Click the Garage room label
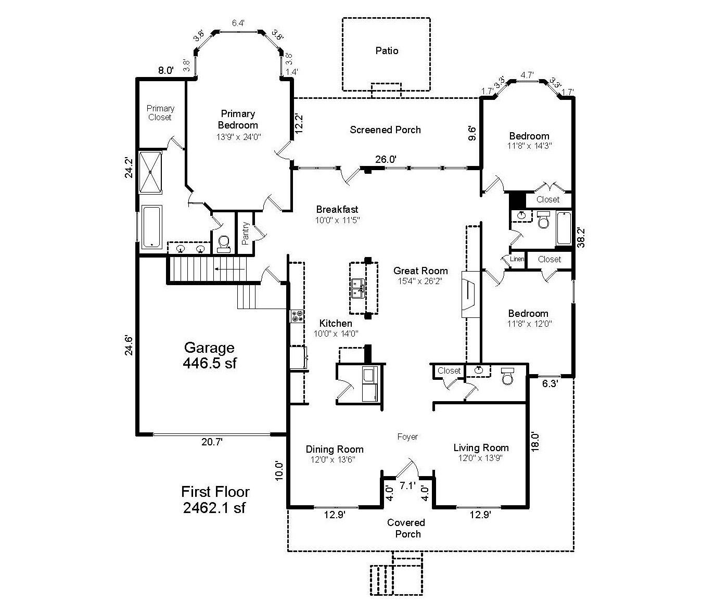click(x=209, y=348)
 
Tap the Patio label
click(x=387, y=50)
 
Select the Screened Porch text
click(x=385, y=130)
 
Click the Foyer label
click(x=407, y=437)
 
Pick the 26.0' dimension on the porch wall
click(x=386, y=160)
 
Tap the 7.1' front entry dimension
click(x=407, y=486)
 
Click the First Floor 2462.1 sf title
click(x=215, y=499)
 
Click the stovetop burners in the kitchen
click(x=297, y=316)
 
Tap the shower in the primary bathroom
click(x=150, y=172)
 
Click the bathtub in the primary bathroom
click(x=151, y=227)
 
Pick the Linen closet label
click(x=517, y=259)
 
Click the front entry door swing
click(x=405, y=468)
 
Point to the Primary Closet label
click(x=160, y=113)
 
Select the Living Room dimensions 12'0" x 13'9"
click(x=481, y=458)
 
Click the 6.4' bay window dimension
click(x=238, y=23)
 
